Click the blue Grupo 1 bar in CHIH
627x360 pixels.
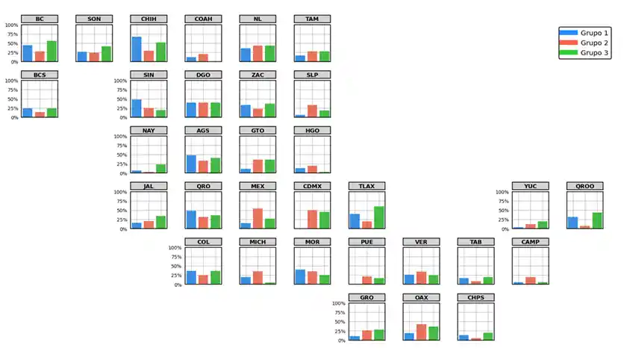[x=137, y=49]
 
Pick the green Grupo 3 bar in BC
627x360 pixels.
[x=52, y=52]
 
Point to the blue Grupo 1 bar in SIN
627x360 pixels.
[x=137, y=108]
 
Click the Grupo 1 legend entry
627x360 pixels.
[x=584, y=33]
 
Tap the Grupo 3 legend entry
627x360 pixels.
[x=584, y=53]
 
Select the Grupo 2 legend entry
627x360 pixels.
[x=584, y=43]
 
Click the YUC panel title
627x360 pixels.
[x=530, y=187]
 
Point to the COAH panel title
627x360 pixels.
[x=203, y=19]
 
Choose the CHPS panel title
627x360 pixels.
[x=476, y=298]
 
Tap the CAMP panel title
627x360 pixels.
[x=530, y=242]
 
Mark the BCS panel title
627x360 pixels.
[x=40, y=75]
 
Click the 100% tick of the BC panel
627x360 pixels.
[x=11, y=25]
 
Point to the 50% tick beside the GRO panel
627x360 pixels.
[x=338, y=322]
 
